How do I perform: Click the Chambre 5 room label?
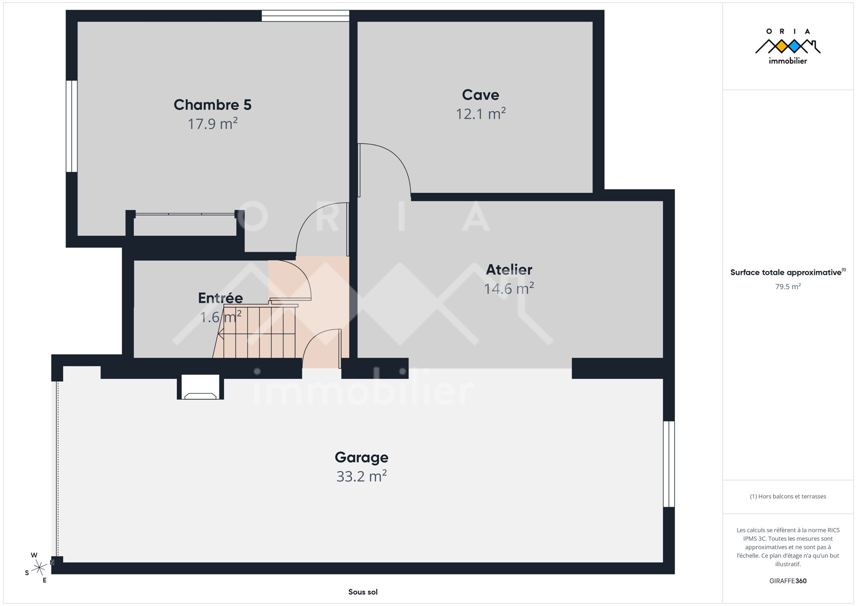[212, 105]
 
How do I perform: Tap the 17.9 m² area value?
[212, 124]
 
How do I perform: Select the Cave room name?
[481, 95]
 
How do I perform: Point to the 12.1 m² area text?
[481, 114]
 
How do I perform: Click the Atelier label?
[509, 269]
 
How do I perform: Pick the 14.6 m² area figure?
[509, 289]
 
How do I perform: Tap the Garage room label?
[361, 457]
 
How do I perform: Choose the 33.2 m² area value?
[361, 476]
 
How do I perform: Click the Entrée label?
[220, 298]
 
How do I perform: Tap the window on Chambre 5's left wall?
[72, 126]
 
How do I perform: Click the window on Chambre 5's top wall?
[305, 16]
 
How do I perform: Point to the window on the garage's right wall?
[669, 464]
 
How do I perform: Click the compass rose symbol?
[39, 568]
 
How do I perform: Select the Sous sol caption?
[363, 592]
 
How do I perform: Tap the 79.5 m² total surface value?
[788, 287]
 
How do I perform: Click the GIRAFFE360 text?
[788, 581]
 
